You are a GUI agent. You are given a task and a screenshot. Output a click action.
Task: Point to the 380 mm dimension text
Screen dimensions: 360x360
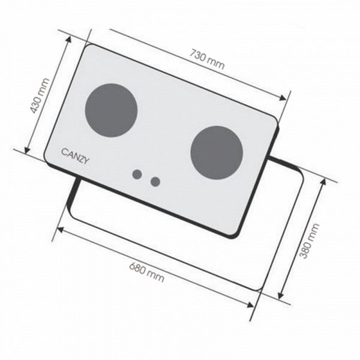pyautogui.click(x=311, y=241)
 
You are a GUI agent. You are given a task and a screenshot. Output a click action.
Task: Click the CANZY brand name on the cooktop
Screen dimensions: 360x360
pyautogui.click(x=75, y=152)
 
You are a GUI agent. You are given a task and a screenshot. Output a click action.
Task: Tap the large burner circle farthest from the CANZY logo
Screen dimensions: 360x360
pyautogui.click(x=217, y=153)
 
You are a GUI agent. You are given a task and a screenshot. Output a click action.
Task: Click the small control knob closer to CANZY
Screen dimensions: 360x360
pyautogui.click(x=137, y=175)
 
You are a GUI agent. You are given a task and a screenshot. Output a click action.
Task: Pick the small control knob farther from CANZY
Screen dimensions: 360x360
pyautogui.click(x=155, y=181)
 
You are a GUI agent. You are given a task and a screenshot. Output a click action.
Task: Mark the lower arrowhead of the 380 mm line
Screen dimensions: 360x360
pyautogui.click(x=280, y=296)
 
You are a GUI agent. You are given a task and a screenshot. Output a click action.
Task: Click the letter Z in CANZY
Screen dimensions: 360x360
pyautogui.click(x=81, y=153)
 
